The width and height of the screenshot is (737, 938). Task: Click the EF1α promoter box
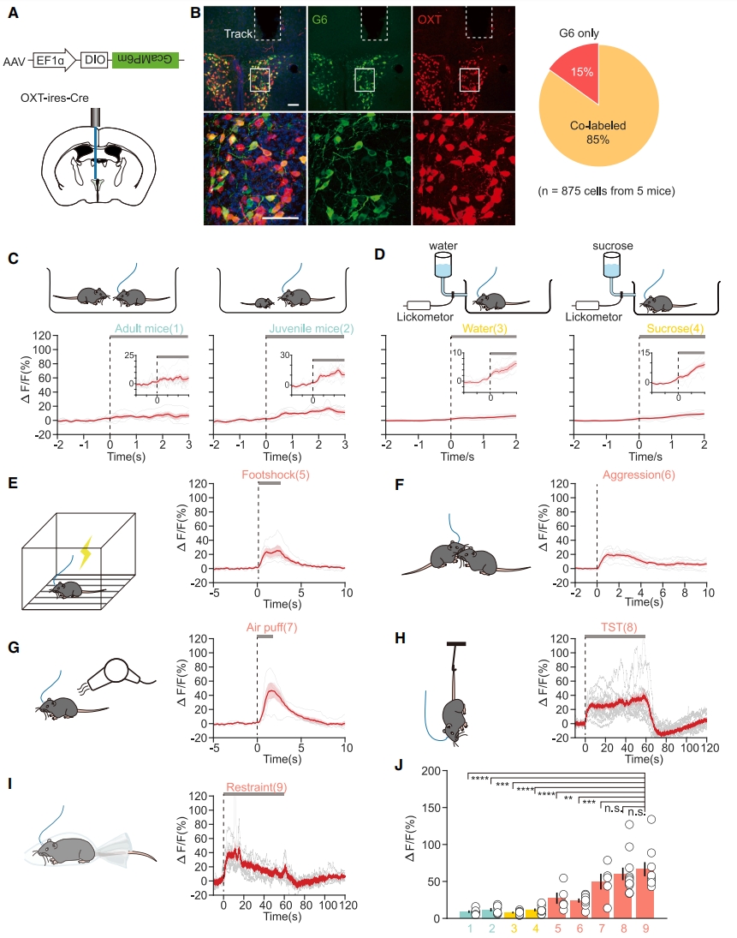[49, 61]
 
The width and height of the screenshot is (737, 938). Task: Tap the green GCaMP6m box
[146, 61]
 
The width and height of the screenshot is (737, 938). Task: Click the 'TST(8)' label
[614, 628]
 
